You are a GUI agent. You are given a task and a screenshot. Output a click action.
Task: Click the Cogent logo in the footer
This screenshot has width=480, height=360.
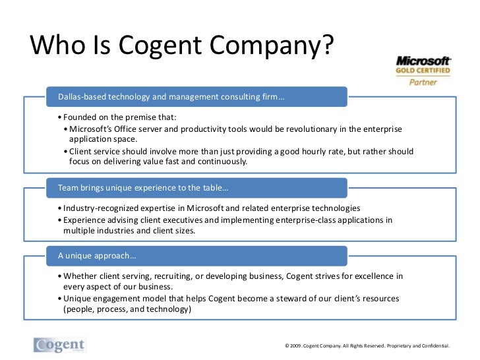(60, 345)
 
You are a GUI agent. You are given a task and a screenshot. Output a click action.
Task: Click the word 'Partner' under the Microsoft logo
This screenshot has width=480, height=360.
(423, 82)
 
